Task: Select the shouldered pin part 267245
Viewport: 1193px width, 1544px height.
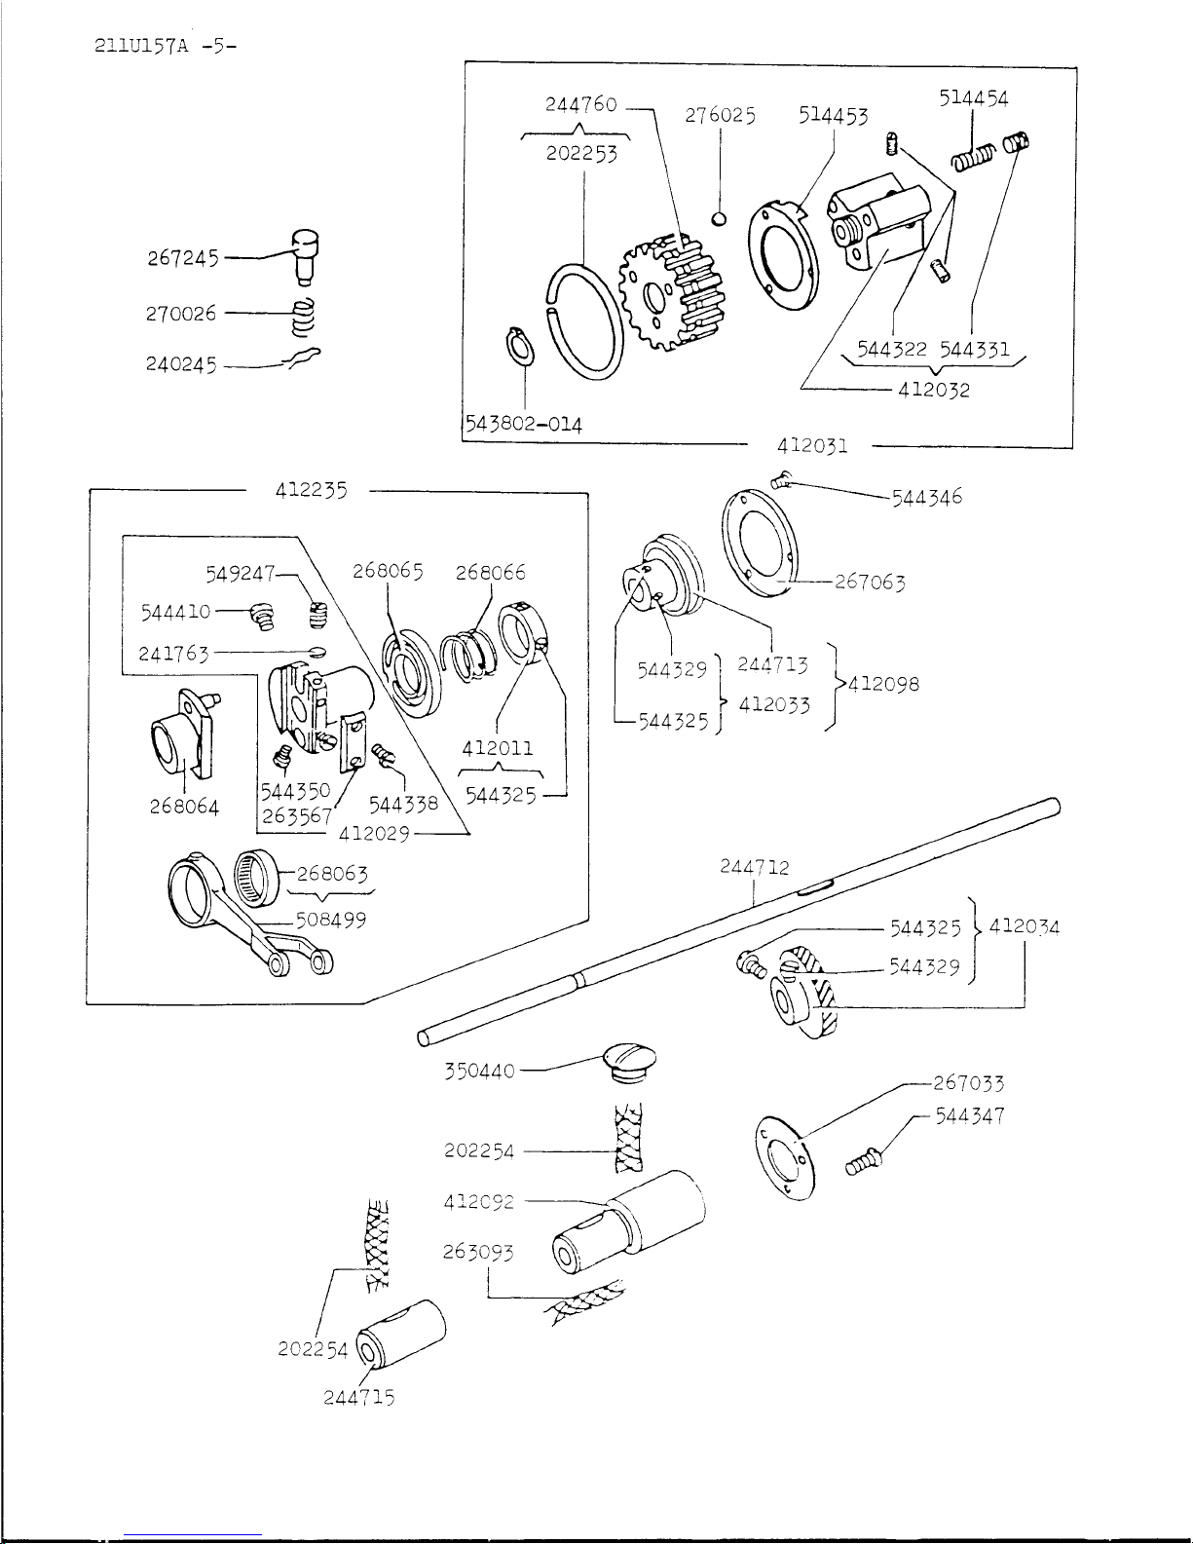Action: coord(307,250)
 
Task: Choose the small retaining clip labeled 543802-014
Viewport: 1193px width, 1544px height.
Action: coord(520,348)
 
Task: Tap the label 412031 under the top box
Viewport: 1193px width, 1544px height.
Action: coord(812,446)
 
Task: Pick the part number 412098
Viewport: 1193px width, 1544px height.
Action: coord(883,683)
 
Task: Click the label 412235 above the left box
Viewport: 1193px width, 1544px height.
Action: coord(310,490)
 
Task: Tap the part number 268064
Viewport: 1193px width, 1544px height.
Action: coord(184,807)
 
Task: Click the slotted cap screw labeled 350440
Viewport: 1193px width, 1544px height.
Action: coord(628,1061)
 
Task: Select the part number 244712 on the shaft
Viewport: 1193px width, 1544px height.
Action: coord(755,866)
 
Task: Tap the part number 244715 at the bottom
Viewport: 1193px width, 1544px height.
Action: coord(358,1397)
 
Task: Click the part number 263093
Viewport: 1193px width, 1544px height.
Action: coord(477,1252)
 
